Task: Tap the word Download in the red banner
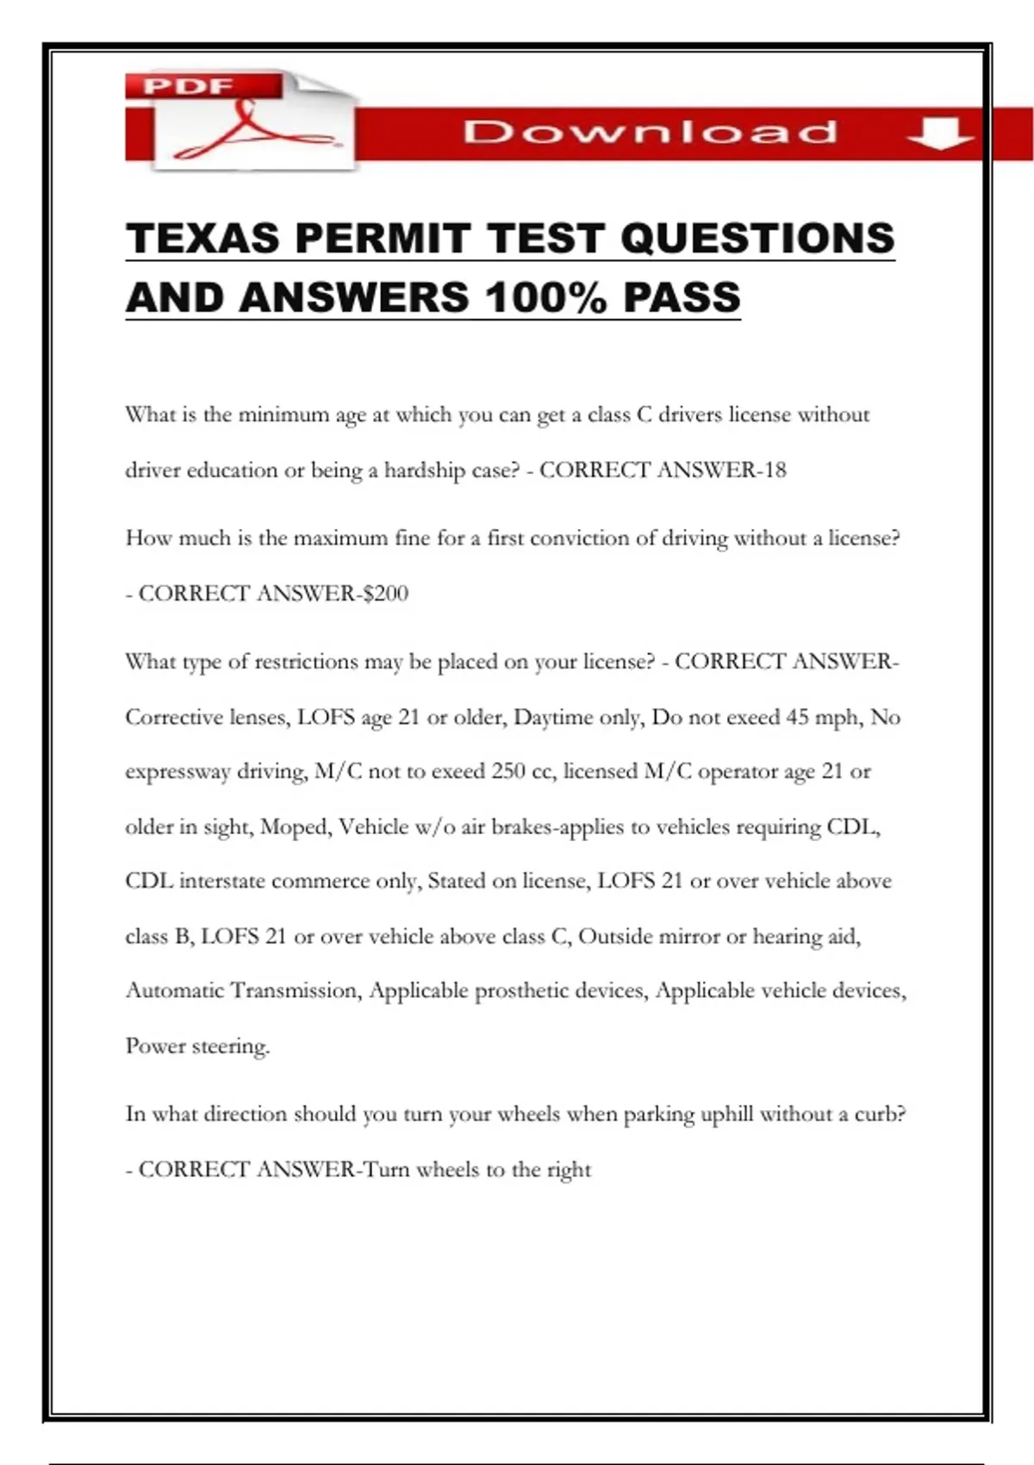point(650,133)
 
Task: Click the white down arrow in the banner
point(939,134)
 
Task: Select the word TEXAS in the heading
point(202,239)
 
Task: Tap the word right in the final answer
point(570,1170)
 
